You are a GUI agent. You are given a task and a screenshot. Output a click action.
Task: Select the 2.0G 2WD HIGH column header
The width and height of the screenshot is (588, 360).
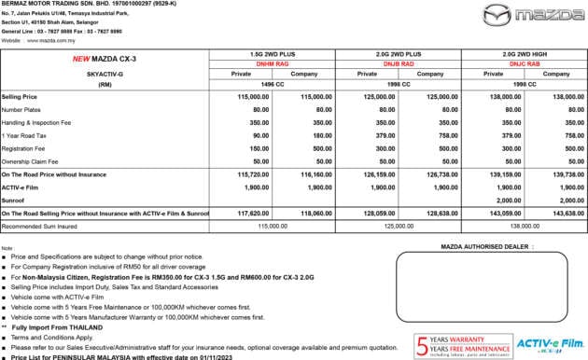pos(524,55)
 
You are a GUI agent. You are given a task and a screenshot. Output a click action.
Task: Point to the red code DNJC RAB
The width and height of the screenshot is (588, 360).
pos(524,63)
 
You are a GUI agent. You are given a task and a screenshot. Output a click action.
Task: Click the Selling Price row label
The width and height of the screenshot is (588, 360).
pos(20,96)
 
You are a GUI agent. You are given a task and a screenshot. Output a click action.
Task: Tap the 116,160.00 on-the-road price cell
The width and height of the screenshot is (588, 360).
pos(302,174)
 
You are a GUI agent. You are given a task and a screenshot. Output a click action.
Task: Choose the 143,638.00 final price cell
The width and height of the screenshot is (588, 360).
pos(555,214)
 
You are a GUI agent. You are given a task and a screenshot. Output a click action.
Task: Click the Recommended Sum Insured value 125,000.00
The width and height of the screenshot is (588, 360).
pos(399,226)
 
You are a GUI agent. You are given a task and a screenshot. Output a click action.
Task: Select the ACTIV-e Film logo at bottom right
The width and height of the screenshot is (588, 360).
pos(548,344)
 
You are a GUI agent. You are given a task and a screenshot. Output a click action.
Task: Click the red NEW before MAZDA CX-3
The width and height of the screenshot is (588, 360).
pos(80,58)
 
